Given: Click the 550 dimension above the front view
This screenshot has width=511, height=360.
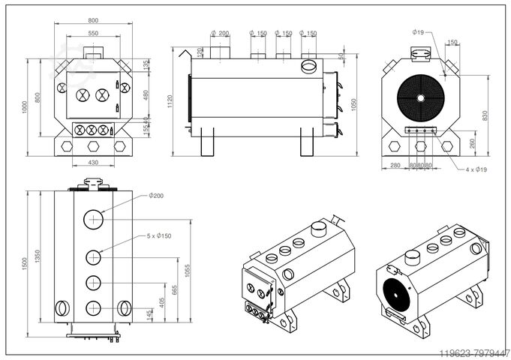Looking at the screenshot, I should [93, 34].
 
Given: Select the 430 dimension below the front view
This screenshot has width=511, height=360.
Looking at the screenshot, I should [93, 163].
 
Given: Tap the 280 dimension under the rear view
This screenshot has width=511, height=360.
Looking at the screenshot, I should [395, 164].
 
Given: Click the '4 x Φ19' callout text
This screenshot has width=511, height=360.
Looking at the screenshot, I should [476, 170].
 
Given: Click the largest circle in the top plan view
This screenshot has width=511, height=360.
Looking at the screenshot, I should [94, 218].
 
